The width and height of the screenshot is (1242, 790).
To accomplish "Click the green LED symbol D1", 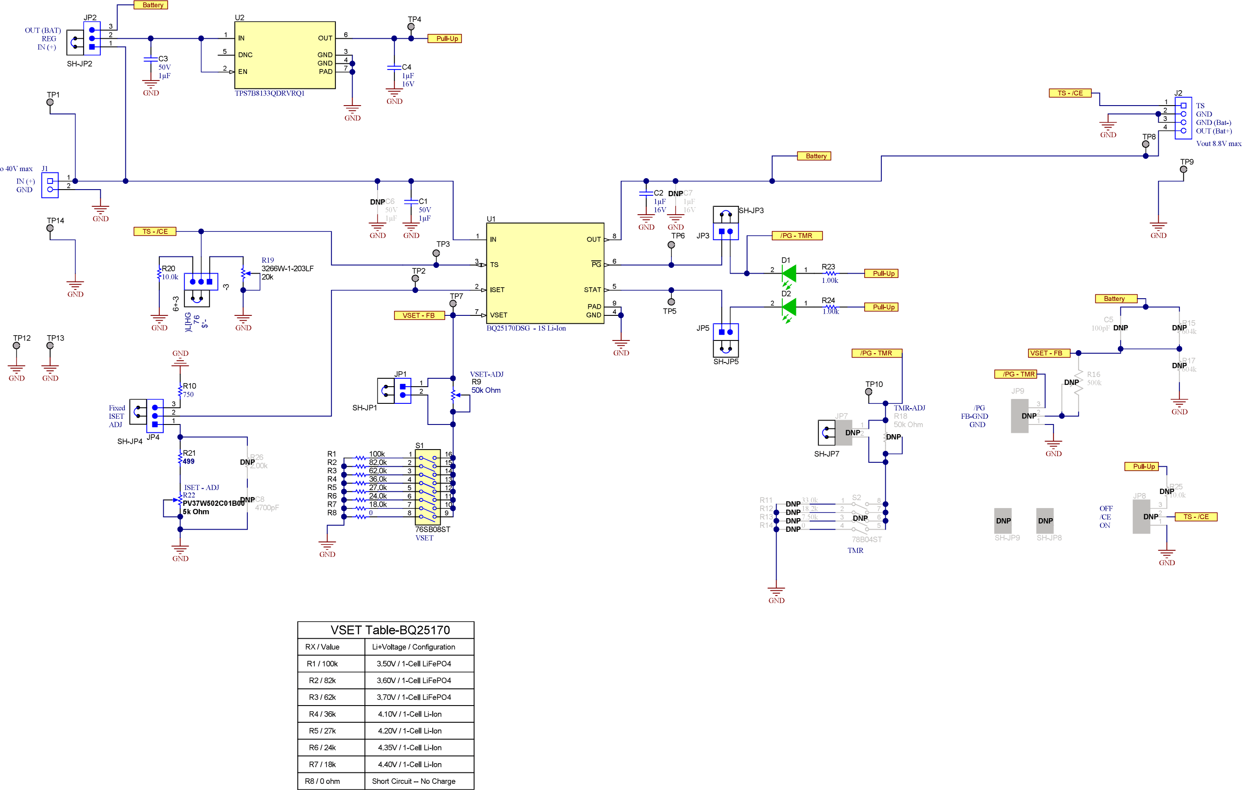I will point(789,273).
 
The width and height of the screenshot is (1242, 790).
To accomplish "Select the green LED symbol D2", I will point(789,307).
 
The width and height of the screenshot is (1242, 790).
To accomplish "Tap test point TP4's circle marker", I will point(411,27).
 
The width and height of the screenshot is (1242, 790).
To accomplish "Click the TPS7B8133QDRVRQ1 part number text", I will point(269,93).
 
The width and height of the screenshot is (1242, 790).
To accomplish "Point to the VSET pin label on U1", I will point(498,315).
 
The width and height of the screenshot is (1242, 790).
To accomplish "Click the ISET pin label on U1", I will point(497,289).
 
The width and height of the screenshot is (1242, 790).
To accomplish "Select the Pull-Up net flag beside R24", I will point(883,307).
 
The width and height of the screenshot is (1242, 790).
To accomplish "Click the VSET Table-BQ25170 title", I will point(390,630).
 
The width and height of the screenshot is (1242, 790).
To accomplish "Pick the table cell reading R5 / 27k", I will point(322,731).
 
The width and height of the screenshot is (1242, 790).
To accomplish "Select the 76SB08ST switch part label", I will point(432,529).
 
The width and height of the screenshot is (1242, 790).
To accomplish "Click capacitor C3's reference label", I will point(163,59).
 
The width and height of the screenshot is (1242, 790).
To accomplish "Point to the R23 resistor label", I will point(828,267).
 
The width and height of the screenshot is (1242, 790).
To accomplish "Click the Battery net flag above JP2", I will point(153,5).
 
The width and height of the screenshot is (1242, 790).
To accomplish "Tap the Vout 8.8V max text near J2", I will point(1218,144).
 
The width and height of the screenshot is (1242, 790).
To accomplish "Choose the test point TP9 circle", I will point(1183,169).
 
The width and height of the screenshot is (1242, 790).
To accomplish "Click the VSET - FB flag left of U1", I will point(418,315).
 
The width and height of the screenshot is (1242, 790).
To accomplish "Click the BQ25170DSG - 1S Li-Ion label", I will point(526,328).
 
